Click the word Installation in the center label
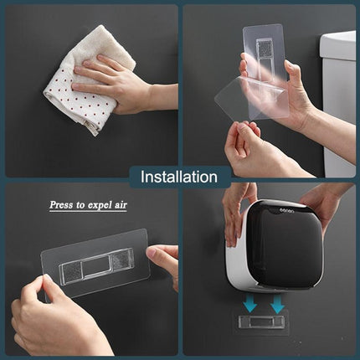click(179, 177)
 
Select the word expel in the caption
click(104, 204)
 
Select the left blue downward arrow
click(249, 301)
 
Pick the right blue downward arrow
click(277, 301)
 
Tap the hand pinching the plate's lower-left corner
click(50, 318)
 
